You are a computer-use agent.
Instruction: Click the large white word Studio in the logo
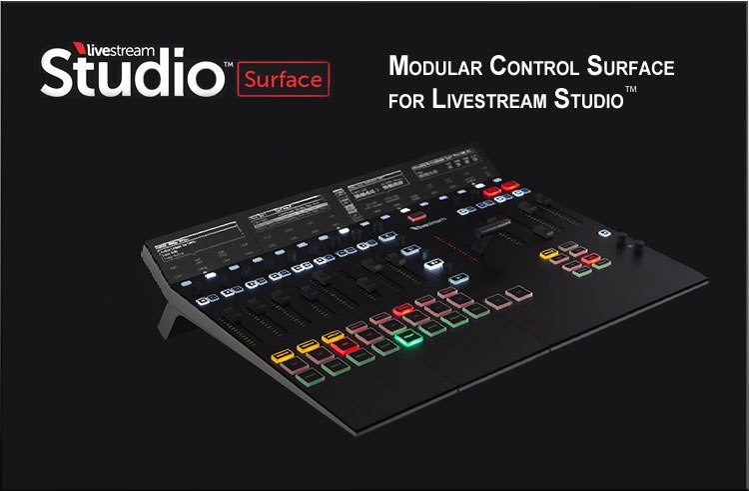130,75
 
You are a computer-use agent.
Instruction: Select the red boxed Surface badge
284,77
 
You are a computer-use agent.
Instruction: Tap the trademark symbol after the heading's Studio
631,91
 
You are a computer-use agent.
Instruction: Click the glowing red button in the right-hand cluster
591,259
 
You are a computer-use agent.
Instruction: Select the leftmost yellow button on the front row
281,355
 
